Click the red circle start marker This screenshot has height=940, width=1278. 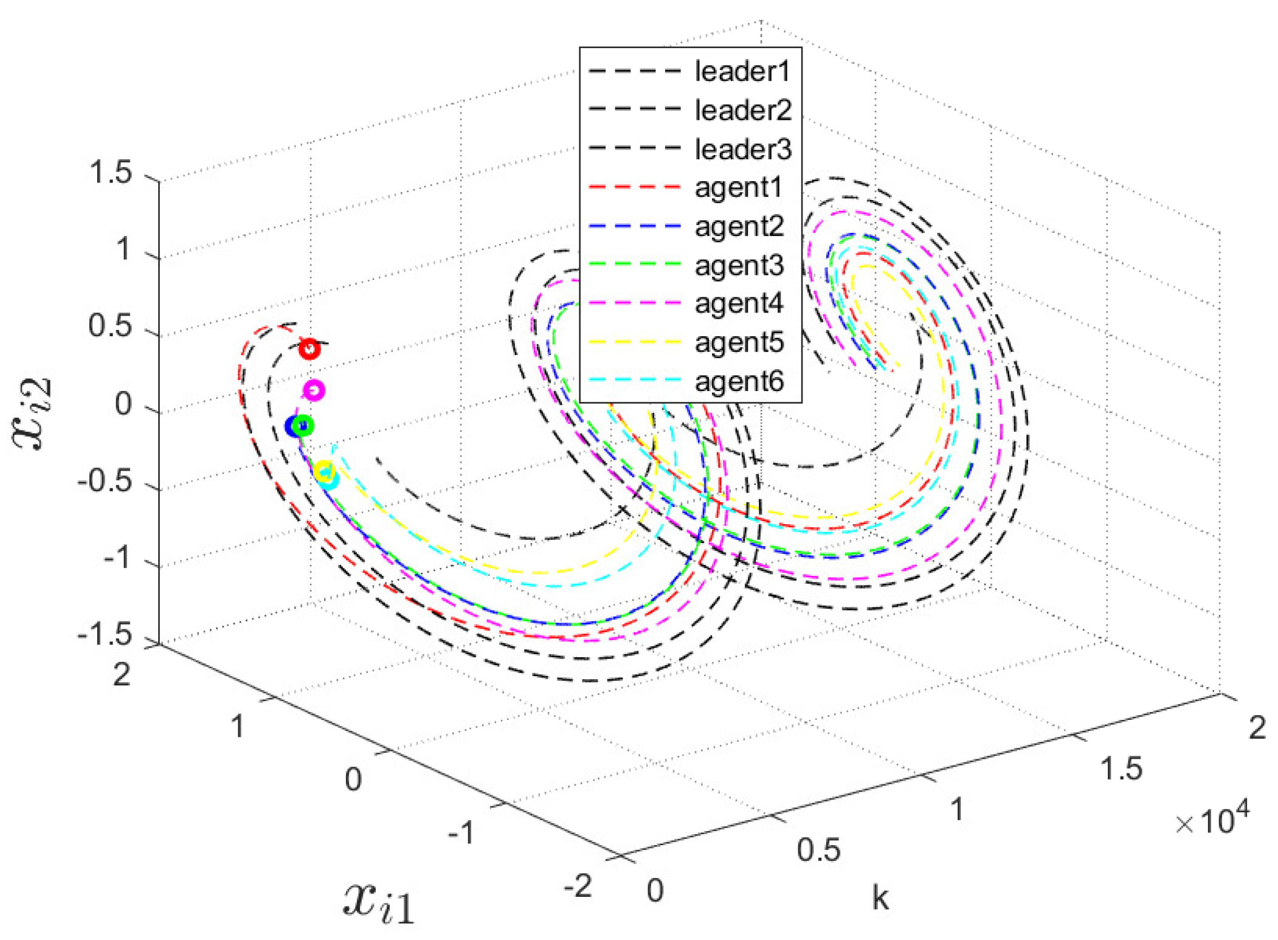click(309, 349)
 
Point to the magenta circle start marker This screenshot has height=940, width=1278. click(314, 390)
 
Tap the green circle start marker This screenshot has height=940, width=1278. click(303, 426)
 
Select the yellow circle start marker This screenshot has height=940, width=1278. click(324, 471)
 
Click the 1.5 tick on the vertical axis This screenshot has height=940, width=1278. click(111, 173)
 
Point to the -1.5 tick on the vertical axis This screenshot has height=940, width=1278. click(105, 635)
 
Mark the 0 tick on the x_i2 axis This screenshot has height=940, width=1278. click(123, 404)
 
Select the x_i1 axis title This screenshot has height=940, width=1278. click(378, 902)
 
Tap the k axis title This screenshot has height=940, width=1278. click(880, 897)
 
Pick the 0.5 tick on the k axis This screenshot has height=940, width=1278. click(818, 850)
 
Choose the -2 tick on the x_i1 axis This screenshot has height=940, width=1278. click(578, 886)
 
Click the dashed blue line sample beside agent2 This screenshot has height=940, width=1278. click(634, 226)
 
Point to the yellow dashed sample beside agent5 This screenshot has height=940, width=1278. click(634, 342)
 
